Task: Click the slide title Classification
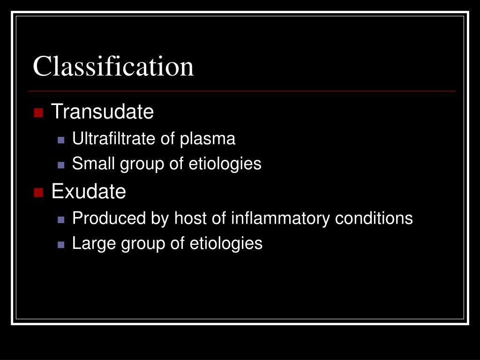pos(113,66)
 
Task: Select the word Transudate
pos(102,112)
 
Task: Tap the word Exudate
pos(89,191)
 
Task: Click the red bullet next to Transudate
pos(38,112)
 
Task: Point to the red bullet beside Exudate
pos(38,192)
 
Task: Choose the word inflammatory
pos(281,219)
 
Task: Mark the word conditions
pos(374,218)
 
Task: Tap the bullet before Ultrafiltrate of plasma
pos(61,140)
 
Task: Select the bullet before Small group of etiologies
pos(61,165)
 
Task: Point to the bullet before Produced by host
pos(61,219)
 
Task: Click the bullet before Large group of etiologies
pos(61,244)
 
